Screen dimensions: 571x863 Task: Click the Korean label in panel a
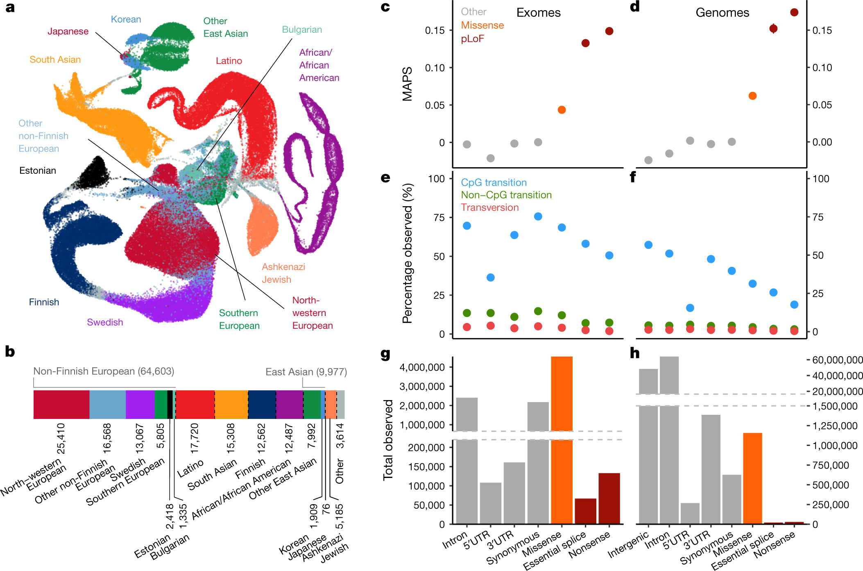126,19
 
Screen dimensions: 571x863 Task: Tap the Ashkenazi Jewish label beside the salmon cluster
283,273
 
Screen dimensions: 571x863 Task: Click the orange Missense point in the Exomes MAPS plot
562,110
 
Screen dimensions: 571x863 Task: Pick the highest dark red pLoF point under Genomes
794,13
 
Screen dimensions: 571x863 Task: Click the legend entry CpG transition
494,182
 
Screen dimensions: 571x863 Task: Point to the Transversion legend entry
489,207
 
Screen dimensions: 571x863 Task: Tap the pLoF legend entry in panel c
472,39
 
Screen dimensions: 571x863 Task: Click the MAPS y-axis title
407,84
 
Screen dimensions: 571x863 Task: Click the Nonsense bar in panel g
609,498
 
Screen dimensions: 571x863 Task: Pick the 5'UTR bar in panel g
490,503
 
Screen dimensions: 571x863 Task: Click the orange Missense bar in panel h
752,478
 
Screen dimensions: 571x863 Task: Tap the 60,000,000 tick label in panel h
837,360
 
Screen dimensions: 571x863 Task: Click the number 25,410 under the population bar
61,439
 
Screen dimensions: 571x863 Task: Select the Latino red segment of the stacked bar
195,404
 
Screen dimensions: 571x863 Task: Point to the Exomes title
538,13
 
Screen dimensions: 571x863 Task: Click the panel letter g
385,353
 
